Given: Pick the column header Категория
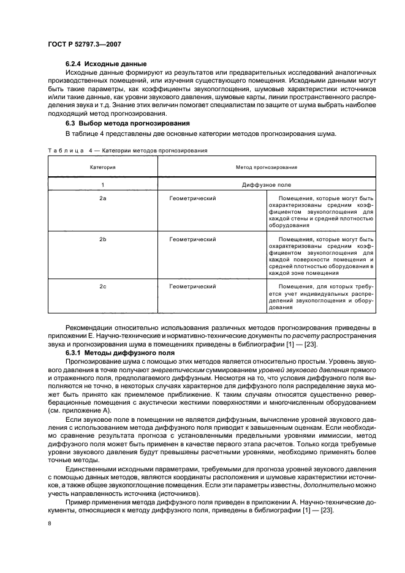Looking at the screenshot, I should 103,167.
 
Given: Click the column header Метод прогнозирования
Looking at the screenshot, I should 267,167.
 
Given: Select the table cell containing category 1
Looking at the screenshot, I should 103,184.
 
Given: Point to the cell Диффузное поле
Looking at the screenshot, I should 267,184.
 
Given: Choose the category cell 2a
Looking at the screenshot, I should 103,199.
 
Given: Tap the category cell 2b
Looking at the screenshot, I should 103,239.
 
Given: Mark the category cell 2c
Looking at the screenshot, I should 103,286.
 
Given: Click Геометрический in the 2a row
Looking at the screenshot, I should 192,199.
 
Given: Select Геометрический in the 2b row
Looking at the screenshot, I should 192,239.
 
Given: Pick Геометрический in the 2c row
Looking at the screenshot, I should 192,286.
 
